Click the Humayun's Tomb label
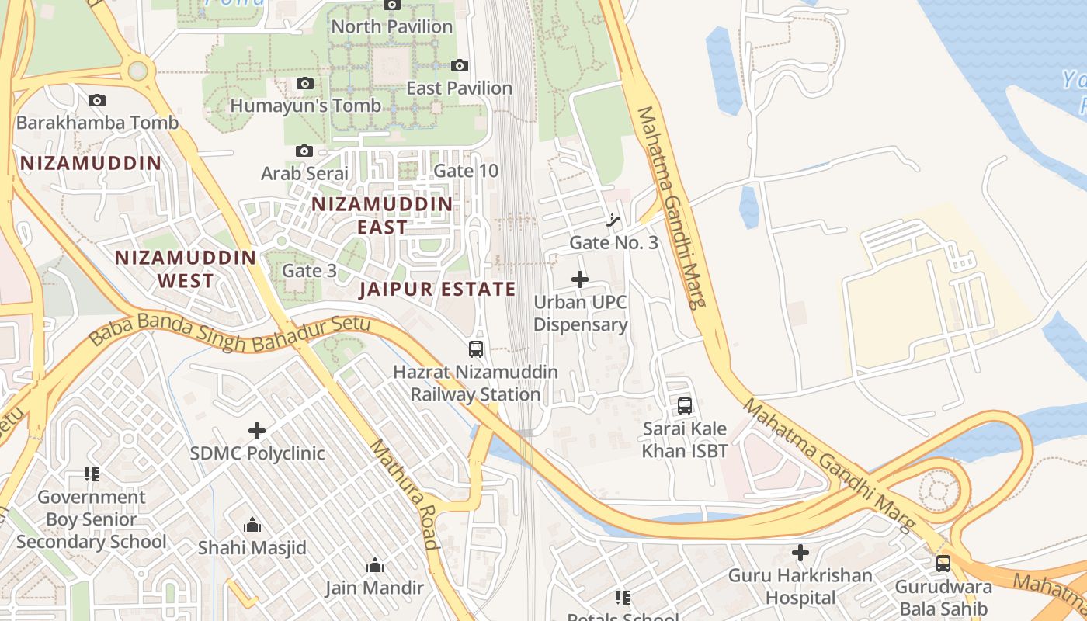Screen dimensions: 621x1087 (305, 106)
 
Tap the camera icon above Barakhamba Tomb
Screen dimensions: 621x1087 (97, 100)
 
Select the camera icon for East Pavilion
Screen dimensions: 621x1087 (460, 66)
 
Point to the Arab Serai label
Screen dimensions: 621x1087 (304, 172)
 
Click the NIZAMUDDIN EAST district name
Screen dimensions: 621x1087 (381, 215)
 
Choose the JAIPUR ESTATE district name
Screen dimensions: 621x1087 (437, 290)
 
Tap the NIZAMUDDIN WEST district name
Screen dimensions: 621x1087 (186, 269)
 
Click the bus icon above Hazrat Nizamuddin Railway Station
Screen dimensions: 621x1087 (476, 349)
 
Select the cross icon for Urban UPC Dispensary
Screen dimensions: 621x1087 (580, 279)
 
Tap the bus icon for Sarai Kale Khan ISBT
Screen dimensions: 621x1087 (685, 406)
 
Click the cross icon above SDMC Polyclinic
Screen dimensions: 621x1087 (257, 431)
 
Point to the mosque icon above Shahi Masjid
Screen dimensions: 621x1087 (252, 526)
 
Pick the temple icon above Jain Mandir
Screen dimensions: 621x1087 (375, 565)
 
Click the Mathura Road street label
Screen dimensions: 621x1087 (404, 494)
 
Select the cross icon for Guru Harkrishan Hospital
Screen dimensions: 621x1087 (800, 553)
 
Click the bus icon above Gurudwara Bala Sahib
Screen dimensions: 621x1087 (943, 564)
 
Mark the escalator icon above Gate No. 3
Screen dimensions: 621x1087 (613, 220)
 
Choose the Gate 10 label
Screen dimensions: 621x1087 (466, 171)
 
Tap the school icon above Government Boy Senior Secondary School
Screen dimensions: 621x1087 (92, 474)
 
